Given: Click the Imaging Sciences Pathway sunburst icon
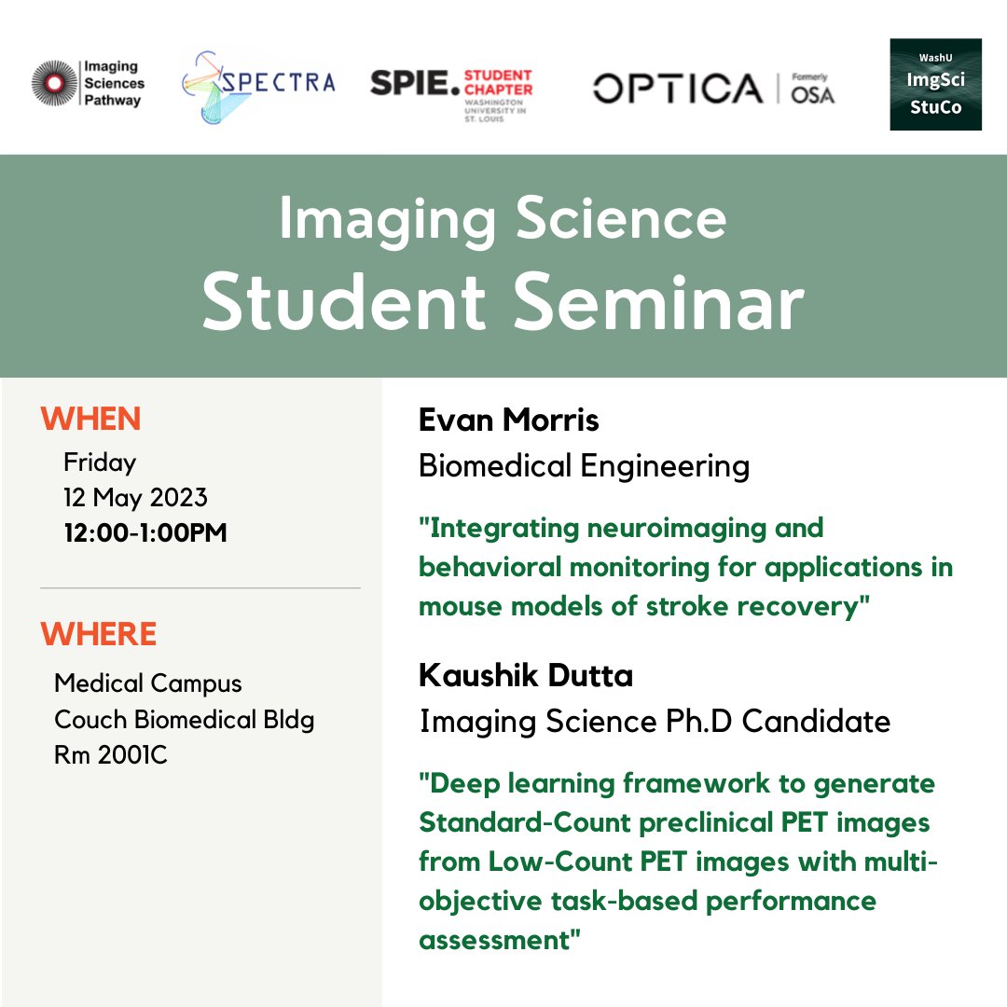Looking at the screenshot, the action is pos(55,83).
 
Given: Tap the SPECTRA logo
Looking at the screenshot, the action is pos(258,87).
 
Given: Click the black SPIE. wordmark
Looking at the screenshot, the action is pos(415,84).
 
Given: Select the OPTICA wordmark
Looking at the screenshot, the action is pos(678,88).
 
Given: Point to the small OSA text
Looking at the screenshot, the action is pos(812,95).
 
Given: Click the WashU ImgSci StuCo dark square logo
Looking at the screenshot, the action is pos(936,84).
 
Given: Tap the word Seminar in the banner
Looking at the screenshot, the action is pos(659,302).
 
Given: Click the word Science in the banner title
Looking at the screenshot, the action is pos(621,219).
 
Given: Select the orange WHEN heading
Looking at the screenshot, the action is pos(90,419).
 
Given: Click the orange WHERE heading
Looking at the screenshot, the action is pos(98,634).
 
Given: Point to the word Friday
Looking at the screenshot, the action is pos(100,462).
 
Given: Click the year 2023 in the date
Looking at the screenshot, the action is pos(178,497).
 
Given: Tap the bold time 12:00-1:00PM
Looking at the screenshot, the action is pos(145,532).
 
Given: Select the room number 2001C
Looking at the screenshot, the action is pos(132,754).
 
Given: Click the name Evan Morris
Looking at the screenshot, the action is pos(509,420).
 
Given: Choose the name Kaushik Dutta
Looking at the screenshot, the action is pos(526,675).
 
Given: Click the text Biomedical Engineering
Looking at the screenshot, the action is pos(584,465).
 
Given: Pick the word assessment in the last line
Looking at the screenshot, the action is pos(494,940).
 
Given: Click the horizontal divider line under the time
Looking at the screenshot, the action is pos(200,587).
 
